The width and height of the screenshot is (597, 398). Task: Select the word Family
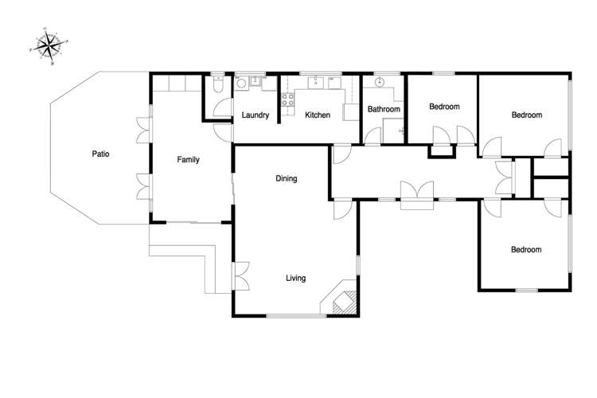click(x=188, y=160)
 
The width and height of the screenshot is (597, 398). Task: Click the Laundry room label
click(x=256, y=116)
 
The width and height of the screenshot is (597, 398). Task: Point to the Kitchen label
click(x=318, y=116)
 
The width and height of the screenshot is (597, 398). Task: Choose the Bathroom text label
click(x=382, y=109)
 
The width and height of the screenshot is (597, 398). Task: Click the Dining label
click(x=287, y=179)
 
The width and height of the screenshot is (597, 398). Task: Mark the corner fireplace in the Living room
click(x=340, y=301)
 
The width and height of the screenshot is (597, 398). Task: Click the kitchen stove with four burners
click(x=288, y=100)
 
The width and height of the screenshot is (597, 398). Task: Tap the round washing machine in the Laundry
click(x=241, y=81)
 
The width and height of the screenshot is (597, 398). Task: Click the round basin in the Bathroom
click(x=380, y=82)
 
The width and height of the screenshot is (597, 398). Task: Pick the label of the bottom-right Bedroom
click(x=526, y=250)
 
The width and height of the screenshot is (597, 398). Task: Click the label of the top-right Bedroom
click(x=526, y=115)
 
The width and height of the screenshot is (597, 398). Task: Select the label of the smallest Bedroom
click(x=444, y=106)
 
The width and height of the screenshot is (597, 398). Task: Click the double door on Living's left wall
click(x=240, y=275)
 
